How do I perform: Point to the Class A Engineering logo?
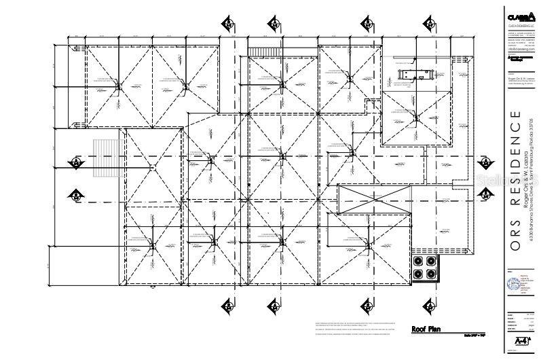[517, 16]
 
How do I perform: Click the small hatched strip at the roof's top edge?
[257, 52]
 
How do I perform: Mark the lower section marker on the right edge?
[485, 193]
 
